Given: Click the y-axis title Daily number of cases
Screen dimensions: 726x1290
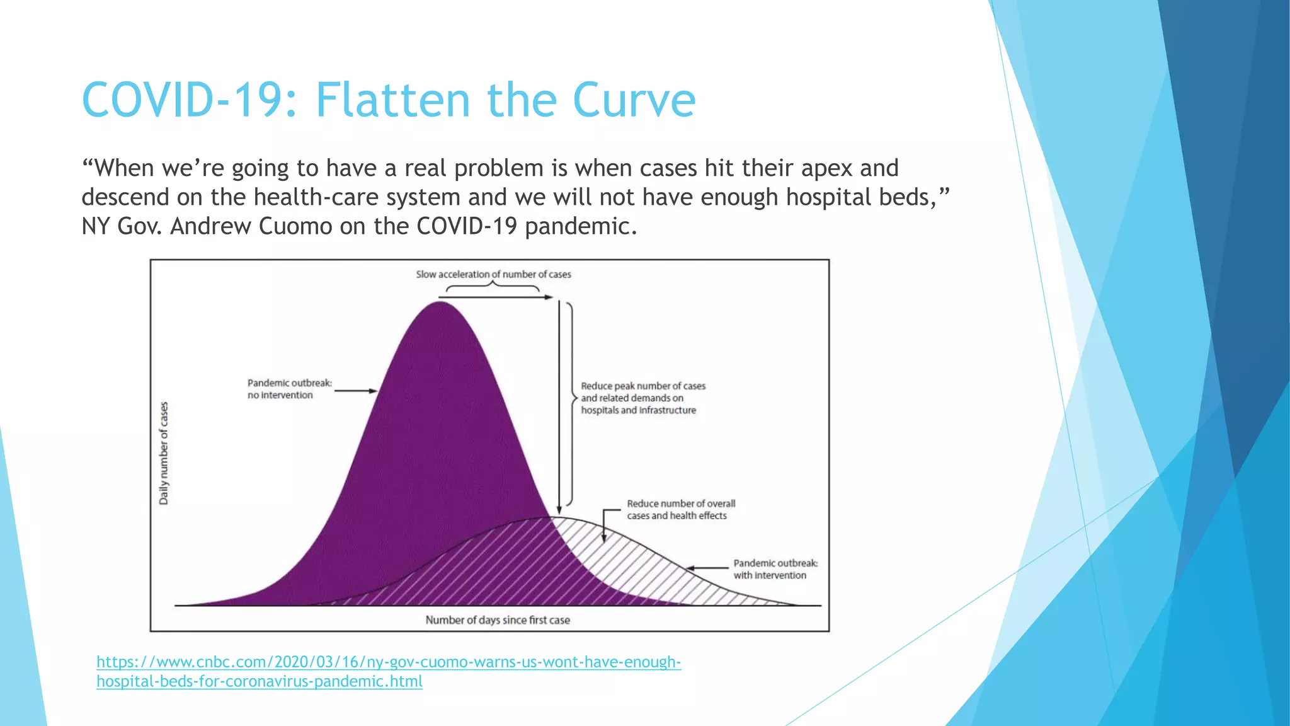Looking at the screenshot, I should tap(164, 453).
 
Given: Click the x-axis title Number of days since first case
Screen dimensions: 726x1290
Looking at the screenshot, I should tap(498, 620).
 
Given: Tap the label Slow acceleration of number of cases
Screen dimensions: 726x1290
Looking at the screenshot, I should tap(493, 275).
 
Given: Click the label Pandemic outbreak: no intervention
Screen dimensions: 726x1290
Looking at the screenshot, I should tap(289, 389).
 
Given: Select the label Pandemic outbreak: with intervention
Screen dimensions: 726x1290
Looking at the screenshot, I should tap(775, 569).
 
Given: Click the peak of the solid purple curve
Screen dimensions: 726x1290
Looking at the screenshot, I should tap(440, 303).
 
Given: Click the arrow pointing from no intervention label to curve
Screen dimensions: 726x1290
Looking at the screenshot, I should tap(355, 391).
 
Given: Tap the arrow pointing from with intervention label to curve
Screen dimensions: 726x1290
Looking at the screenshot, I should tap(707, 568).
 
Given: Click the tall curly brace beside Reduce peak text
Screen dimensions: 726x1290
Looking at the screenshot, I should tap(571, 403).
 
